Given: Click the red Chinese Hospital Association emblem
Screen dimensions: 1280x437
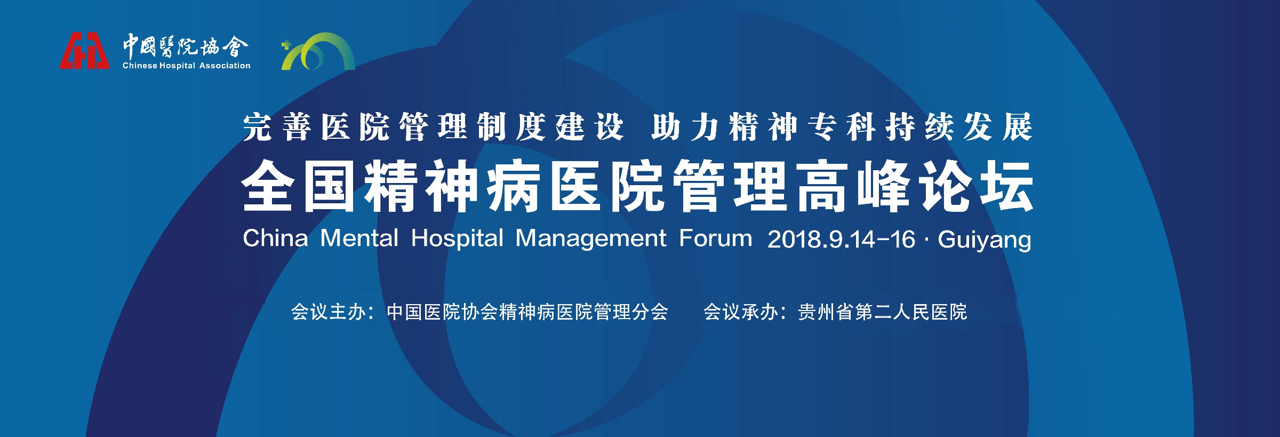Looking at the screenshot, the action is click(84, 51).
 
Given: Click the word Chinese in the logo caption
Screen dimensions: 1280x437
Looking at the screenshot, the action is click(140, 66).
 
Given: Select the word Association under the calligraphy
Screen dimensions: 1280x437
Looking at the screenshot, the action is click(225, 66).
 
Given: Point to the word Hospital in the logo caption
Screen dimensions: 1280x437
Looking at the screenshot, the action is click(178, 66).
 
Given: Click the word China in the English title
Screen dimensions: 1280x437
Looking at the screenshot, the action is click(275, 238).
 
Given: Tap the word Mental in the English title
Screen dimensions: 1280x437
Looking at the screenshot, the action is click(359, 238).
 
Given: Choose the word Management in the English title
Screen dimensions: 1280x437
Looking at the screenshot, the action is click(590, 240).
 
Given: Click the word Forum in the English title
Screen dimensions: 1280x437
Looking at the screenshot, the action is click(715, 238).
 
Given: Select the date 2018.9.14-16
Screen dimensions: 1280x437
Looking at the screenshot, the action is click(841, 239).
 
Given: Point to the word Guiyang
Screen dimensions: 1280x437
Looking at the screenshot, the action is click(985, 240).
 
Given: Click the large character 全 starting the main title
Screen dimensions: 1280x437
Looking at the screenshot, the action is click(268, 186).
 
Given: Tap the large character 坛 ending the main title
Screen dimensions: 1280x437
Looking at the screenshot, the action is click(1007, 186).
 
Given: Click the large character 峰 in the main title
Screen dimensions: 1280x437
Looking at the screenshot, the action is click(884, 186).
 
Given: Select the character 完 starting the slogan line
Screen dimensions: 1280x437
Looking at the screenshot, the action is click(258, 127).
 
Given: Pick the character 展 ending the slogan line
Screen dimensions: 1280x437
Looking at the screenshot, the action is click(1018, 127).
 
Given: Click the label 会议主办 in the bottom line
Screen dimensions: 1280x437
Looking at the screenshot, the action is click(328, 312).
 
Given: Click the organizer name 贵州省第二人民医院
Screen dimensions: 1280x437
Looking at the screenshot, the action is click(882, 312).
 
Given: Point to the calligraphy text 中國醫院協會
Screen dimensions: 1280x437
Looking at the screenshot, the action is click(186, 46).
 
